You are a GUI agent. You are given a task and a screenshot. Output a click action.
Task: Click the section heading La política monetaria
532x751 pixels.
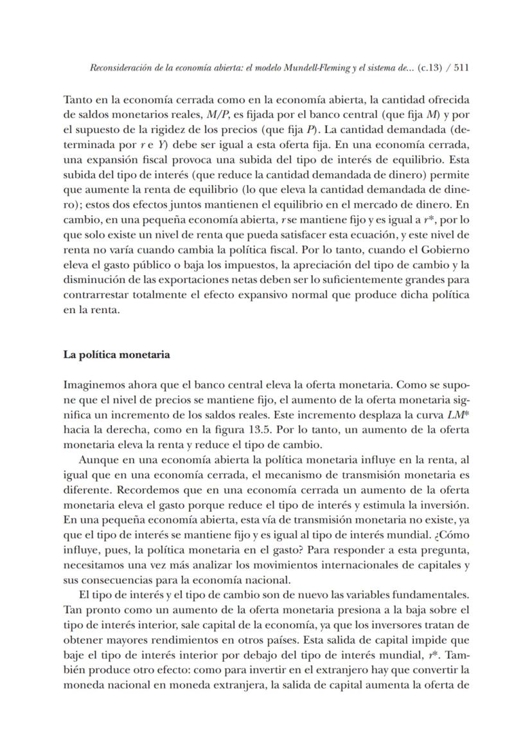click(116, 354)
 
